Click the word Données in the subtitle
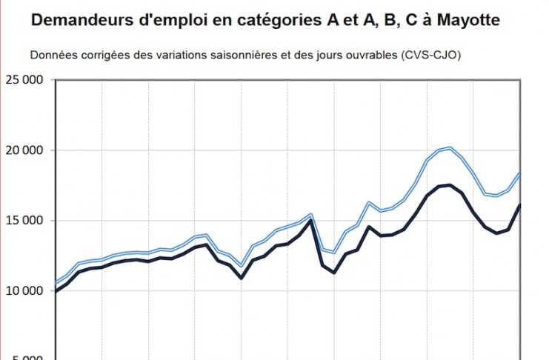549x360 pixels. point(51,56)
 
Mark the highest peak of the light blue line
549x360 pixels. point(450,147)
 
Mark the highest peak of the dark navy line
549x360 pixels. point(450,184)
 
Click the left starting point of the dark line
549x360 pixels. point(56,292)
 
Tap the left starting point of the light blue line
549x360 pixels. point(56,282)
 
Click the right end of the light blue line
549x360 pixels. point(521,173)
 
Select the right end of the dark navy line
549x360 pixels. point(521,204)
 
